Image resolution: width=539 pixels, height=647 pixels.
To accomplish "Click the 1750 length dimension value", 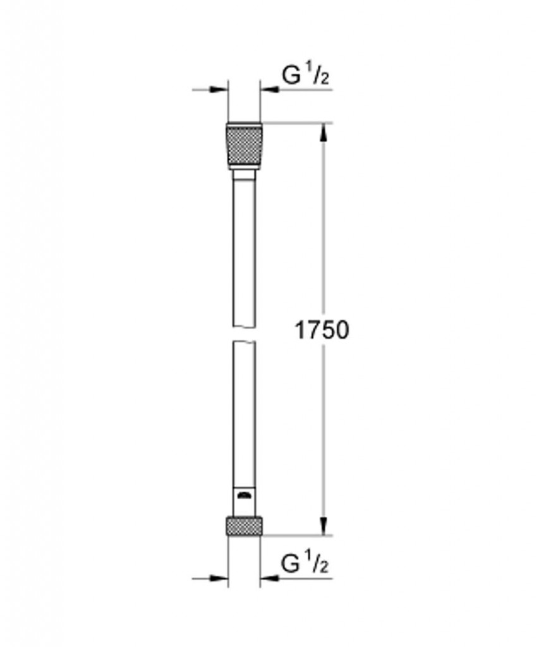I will (x=322, y=329).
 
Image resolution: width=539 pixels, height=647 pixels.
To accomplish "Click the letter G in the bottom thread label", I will (x=291, y=563).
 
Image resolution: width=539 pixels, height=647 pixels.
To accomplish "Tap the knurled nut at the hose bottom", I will (x=243, y=525).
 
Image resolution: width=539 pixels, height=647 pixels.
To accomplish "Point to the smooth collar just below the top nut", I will (x=243, y=172).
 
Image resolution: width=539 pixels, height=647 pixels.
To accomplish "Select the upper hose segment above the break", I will (x=243, y=253).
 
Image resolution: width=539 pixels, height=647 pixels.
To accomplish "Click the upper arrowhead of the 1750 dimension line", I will (x=324, y=130).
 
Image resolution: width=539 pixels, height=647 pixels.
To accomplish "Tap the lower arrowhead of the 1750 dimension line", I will (x=324, y=526).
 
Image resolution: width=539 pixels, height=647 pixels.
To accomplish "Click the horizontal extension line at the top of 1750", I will (x=297, y=123).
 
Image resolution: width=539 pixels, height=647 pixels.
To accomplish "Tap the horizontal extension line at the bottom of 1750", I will (x=297, y=535).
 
